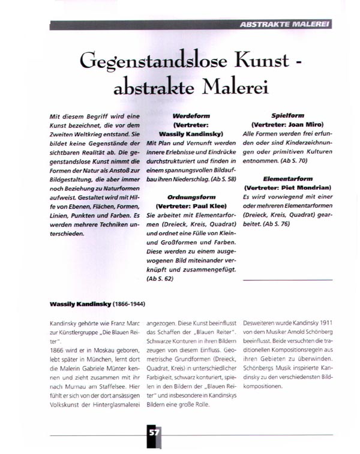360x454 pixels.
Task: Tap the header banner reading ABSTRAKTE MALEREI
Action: tap(283, 25)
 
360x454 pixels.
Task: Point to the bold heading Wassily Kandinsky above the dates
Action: tap(74, 301)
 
